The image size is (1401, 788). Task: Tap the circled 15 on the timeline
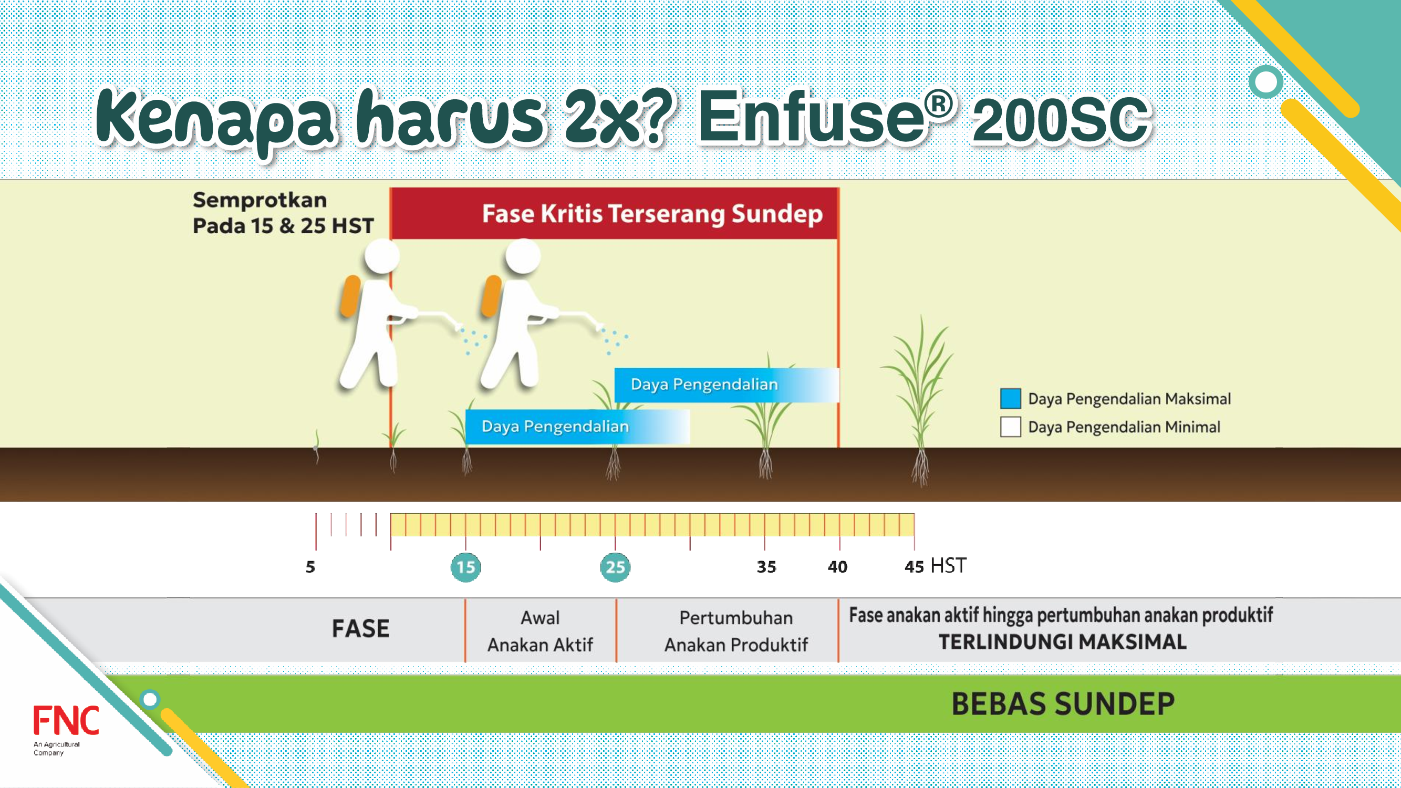465,567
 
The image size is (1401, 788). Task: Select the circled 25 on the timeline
615,567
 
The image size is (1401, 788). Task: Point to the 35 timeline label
766,567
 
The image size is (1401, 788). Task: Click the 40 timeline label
837,567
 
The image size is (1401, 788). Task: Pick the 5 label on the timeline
310,567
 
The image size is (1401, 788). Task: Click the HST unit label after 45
948,566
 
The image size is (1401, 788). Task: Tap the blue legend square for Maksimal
1011,398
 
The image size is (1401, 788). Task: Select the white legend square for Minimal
1011,427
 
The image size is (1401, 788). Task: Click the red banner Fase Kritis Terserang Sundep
615,213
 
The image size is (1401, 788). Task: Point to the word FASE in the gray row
360,629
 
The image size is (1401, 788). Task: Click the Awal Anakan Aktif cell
540,631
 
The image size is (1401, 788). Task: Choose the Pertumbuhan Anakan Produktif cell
736,631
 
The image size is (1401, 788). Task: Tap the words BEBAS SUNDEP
1063,704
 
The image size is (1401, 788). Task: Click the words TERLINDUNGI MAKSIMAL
1063,642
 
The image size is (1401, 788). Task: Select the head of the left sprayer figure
382,256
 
